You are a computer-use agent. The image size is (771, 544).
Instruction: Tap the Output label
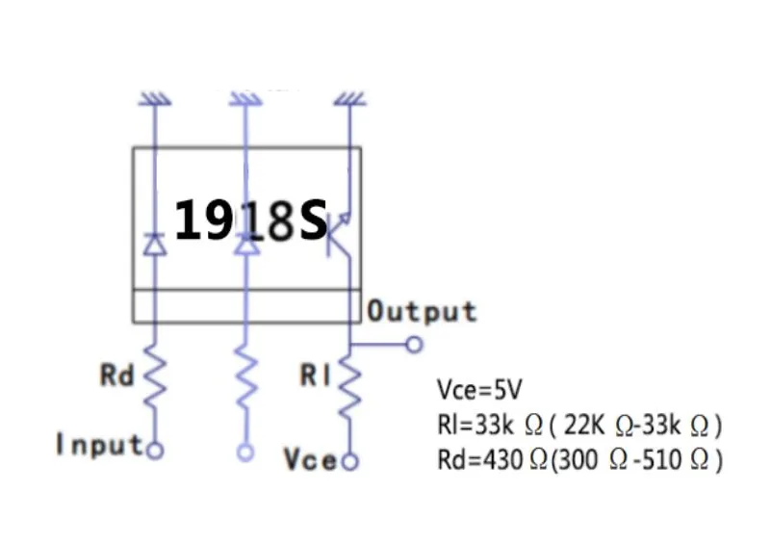[x=423, y=311]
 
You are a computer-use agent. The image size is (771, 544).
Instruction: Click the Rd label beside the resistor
[x=117, y=376]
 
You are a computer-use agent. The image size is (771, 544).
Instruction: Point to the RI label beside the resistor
[x=315, y=376]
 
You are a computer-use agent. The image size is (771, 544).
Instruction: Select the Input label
[x=99, y=445]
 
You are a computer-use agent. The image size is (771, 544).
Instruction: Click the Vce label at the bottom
[x=310, y=459]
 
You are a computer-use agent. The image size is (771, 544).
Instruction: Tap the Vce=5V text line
[x=479, y=390]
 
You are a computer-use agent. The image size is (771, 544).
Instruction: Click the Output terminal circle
[x=415, y=344]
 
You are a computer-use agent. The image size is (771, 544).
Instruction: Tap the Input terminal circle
[x=153, y=449]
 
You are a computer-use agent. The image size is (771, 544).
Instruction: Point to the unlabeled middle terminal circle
[x=247, y=451]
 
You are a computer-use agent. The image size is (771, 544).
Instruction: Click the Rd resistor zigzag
[x=153, y=382]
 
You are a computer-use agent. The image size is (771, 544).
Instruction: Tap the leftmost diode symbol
[x=153, y=244]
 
